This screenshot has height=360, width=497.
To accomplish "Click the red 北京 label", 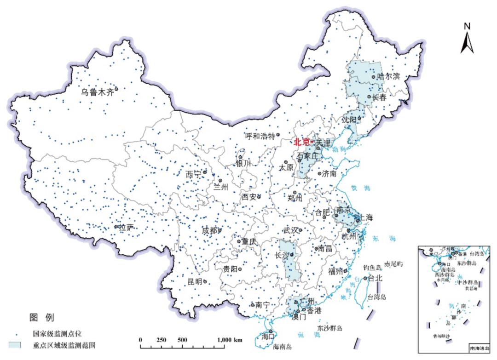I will coord(302,143).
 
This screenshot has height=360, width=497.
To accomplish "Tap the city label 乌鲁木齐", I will coord(97,91).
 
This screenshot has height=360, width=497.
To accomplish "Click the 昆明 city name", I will coord(195,281).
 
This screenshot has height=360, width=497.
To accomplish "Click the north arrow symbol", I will coord(467,41).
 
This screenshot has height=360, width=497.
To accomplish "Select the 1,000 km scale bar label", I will coord(230,340).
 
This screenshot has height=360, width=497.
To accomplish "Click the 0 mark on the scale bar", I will coord(140,340).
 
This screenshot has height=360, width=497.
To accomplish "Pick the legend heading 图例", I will coord(41,317).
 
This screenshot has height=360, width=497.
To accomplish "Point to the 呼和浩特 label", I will coord(260,136).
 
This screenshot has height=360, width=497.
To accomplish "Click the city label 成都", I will coord(209,231).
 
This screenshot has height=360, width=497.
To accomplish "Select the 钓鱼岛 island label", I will coord(372,267).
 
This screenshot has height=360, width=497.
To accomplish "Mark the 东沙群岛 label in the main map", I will coord(329,329).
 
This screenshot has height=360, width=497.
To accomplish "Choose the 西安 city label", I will coord(249,197).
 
